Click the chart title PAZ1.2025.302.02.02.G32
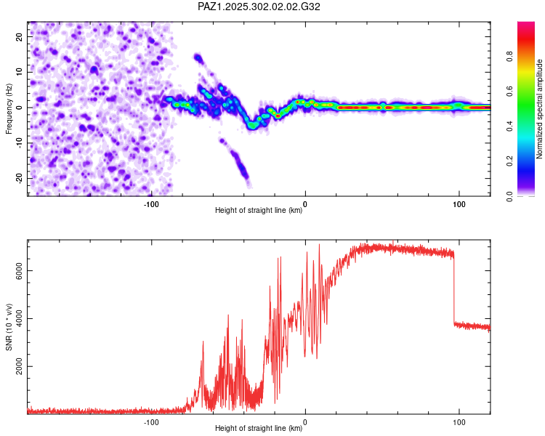[x=259, y=7]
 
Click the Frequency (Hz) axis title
[x=9, y=108]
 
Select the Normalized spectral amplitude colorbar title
[x=539, y=109]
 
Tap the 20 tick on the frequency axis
[x=20, y=36]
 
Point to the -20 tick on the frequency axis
[x=18, y=178]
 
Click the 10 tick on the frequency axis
[x=20, y=72]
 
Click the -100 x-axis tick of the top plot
[x=151, y=203]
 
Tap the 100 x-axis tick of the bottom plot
[x=459, y=421]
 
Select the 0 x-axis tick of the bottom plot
[x=305, y=421]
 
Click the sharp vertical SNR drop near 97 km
[x=454, y=291]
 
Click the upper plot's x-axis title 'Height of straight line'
[x=259, y=211]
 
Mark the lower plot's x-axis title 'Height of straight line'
[x=259, y=429]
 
